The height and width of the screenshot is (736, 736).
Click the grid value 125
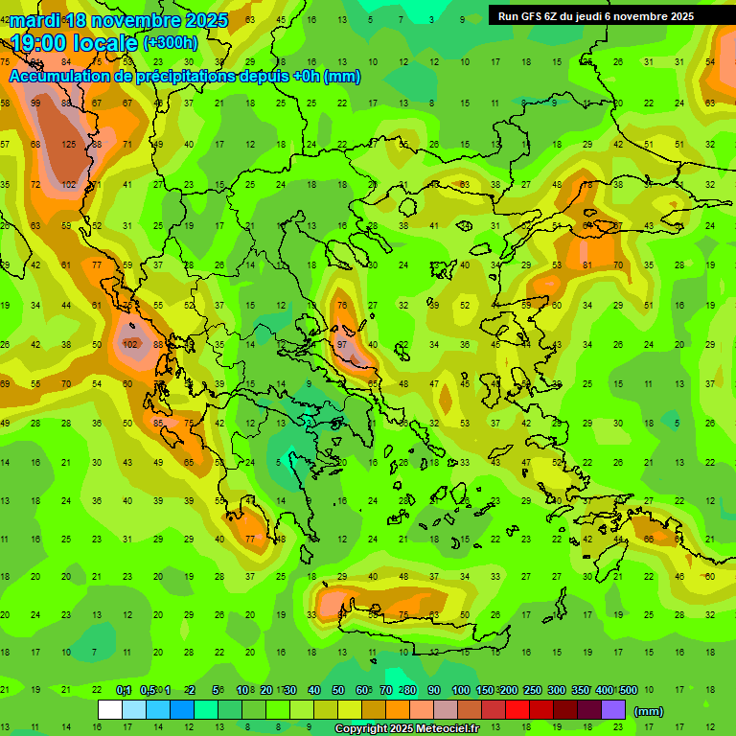coord(68,145)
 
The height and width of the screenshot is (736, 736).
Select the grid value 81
coord(586,264)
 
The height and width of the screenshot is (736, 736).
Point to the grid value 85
coord(159,423)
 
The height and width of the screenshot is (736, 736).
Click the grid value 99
coord(35,103)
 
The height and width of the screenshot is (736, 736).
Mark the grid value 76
coord(342,306)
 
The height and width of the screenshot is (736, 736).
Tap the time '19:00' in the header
coord(39,43)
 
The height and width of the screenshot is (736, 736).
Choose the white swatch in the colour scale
coord(110,710)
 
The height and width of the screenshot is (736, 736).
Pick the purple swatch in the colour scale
coord(613,710)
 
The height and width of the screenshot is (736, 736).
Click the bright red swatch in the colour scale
coord(517,710)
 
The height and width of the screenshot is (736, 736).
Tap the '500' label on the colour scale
coord(628,690)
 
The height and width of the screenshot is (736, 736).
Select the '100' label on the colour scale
coord(460,690)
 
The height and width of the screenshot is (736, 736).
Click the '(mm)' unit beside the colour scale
coord(649,711)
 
